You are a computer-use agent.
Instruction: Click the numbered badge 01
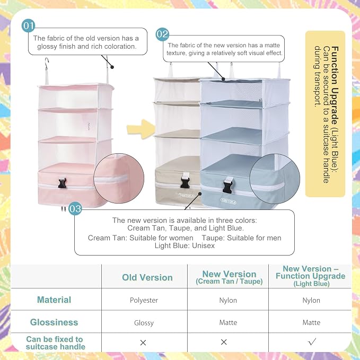[x=28, y=25]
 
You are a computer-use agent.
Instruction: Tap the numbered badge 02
[x=162, y=34]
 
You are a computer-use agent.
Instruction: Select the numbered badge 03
[x=75, y=208]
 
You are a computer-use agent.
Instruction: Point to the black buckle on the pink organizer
[x=62, y=183]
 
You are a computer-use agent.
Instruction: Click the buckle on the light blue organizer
[x=227, y=185]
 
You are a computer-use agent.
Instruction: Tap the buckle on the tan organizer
[x=185, y=180]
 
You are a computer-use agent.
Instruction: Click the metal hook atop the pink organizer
[x=47, y=64]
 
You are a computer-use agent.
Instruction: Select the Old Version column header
[x=147, y=277]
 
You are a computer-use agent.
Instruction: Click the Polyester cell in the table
[x=144, y=300]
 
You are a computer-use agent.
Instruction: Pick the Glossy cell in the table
[x=144, y=323]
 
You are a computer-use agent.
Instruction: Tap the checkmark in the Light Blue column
[x=312, y=341]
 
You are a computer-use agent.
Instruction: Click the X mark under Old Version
[x=143, y=343]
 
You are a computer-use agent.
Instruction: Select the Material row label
[x=54, y=300]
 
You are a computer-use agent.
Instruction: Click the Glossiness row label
[x=54, y=322]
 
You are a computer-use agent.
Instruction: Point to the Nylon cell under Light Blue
[x=311, y=300]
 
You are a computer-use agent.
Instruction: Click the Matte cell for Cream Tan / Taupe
[x=228, y=322]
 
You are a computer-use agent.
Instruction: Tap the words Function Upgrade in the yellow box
[x=335, y=85]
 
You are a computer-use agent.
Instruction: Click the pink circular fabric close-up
[x=119, y=178]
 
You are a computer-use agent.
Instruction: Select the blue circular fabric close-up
[x=275, y=179]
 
